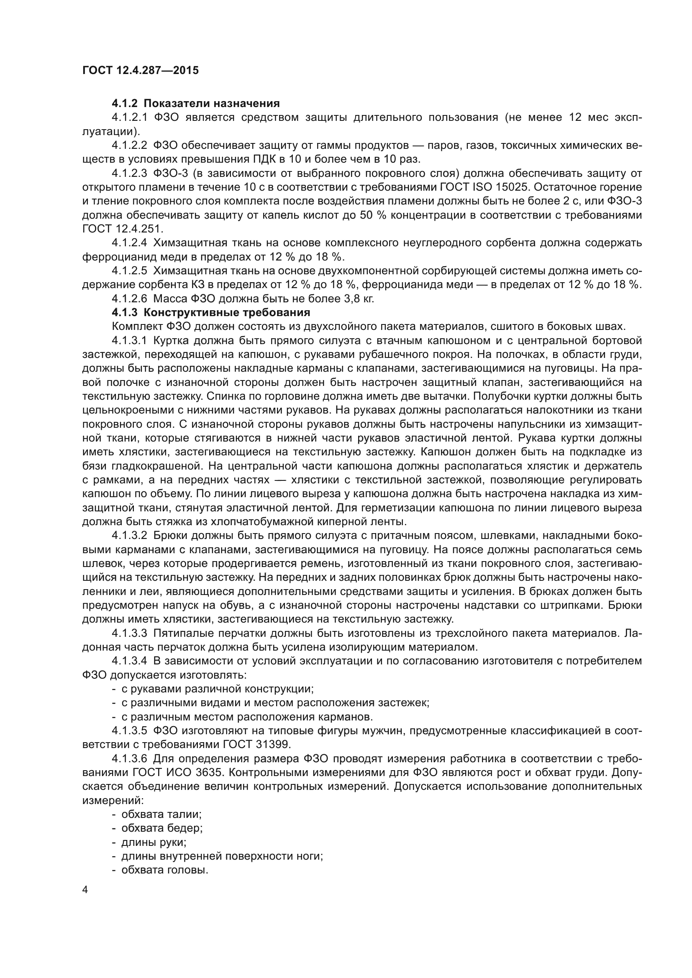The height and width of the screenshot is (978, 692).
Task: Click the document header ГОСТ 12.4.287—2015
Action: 140,70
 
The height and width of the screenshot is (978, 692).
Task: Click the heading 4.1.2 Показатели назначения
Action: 195,104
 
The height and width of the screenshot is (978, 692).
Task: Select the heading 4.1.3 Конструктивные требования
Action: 211,313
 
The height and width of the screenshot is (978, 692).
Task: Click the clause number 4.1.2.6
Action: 130,299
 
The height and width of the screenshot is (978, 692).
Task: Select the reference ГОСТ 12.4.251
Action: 123,229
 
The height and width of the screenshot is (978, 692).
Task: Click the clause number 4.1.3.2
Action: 130,536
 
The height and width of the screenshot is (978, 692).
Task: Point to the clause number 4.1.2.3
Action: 130,174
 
